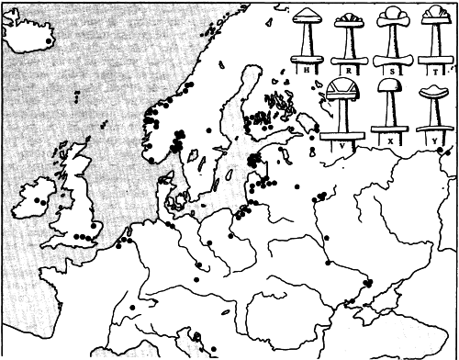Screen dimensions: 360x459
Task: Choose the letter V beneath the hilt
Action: (x=341, y=144)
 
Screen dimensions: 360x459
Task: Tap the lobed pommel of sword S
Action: (x=392, y=16)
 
